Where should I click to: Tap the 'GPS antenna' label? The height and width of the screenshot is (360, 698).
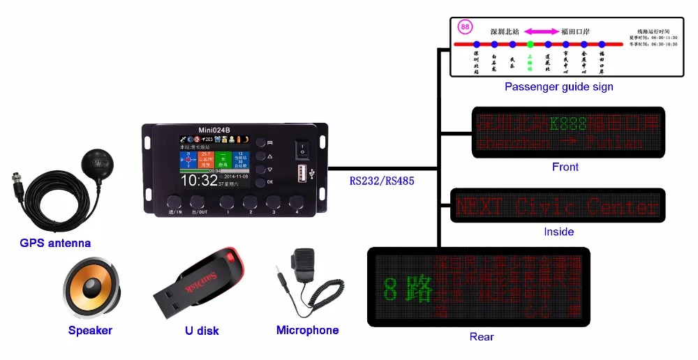point(55,243)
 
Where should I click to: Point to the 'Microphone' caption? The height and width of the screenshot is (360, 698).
point(307,330)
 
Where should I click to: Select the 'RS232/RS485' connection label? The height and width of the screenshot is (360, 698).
point(382,181)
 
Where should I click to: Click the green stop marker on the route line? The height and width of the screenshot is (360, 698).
point(530,45)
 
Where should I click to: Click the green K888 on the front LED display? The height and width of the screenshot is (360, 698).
point(569,124)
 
